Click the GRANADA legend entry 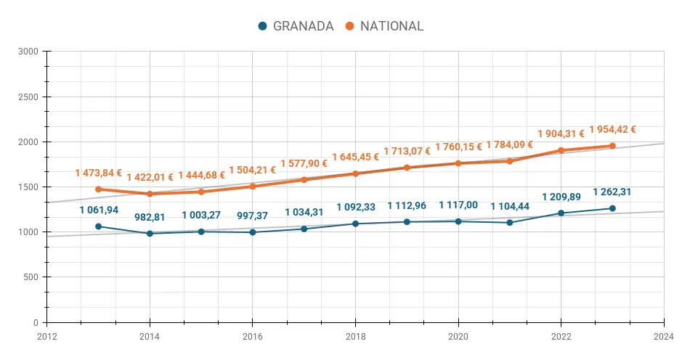pos(296,26)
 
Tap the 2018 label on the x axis pos(355,336)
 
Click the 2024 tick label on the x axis pos(663,336)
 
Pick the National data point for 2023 pos(612,146)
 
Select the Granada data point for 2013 pos(99,226)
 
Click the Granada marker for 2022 pos(561,213)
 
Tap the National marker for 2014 pos(150,194)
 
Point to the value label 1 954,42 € pos(612,130)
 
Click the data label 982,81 pos(150,216)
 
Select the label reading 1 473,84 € pos(98,173)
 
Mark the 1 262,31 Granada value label pos(612,192)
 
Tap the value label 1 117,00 pos(458,205)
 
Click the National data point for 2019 pos(407,168)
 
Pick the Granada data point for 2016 pos(252,232)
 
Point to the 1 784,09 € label pos(509,145)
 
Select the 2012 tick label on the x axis pos(46,336)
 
